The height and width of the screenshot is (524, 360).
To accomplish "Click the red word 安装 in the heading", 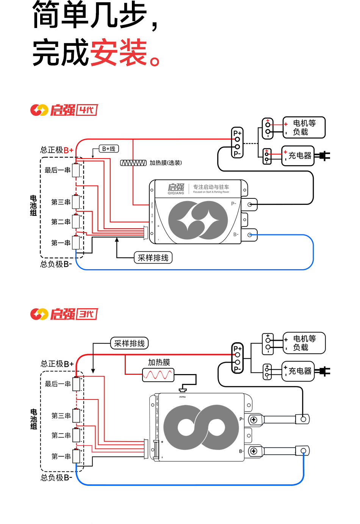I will coord(118,53).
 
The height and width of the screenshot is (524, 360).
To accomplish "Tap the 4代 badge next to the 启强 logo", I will coord(87,110).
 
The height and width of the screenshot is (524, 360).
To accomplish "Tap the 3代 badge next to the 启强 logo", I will coord(87,314).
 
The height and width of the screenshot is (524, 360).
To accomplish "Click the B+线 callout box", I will coord(109,149).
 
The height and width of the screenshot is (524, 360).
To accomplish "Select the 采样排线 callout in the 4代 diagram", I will coord(153,258).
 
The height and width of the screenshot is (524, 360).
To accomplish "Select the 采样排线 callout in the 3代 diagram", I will coord(129,343).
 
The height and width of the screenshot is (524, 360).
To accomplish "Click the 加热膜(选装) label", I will coord(166,163).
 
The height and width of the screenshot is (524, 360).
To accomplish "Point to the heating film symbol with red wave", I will coord(158,375).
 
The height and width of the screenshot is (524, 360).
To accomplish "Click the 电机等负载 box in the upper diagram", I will coord(304,128).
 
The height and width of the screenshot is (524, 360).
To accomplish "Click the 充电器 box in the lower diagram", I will coord(298,371).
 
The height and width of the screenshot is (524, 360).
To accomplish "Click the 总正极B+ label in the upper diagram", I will coord(57,150).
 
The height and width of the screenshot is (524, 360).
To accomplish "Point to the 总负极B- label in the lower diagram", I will coord(56,478).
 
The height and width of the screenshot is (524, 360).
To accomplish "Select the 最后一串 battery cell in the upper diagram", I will coord(76,170).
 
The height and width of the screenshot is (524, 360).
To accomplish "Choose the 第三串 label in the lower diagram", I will coord(61,416).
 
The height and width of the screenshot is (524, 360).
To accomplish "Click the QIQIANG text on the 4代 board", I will coord(176,193).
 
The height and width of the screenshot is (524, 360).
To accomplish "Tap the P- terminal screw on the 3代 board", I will coord(254,420).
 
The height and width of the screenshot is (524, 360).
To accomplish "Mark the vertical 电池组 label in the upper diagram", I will coord(33,206).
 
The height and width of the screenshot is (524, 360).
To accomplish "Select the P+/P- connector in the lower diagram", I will coord(237,359).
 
